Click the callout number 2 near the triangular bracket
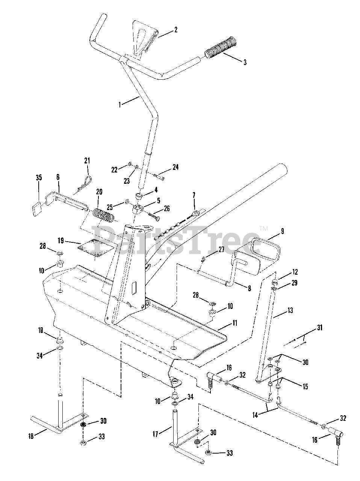175,30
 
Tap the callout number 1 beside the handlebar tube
120,104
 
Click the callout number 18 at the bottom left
31,436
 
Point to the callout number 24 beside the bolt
176,168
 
